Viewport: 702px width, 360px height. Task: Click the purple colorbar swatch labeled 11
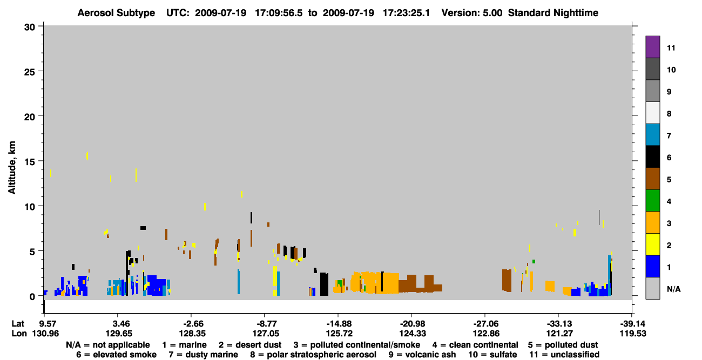[652, 46]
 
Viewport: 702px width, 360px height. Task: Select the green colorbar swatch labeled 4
[652, 201]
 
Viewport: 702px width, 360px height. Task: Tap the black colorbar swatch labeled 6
[652, 157]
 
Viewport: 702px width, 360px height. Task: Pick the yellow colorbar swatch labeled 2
[652, 244]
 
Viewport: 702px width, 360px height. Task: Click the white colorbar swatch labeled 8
[652, 113]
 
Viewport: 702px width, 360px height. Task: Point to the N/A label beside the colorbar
[673, 289]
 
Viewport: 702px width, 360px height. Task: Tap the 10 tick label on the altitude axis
[30, 207]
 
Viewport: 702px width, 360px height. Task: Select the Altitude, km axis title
[11, 168]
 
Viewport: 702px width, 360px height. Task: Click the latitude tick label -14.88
[339, 323]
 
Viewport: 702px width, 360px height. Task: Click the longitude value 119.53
[633, 334]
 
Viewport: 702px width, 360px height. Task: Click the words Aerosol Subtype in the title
[116, 13]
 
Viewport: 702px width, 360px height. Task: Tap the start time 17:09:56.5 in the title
[279, 13]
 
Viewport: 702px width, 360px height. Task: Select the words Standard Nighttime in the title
[553, 13]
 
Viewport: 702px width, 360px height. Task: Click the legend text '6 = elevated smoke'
[116, 355]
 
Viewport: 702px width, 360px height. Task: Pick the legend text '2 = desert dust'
[250, 345]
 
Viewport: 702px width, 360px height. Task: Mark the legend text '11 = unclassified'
[564, 355]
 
